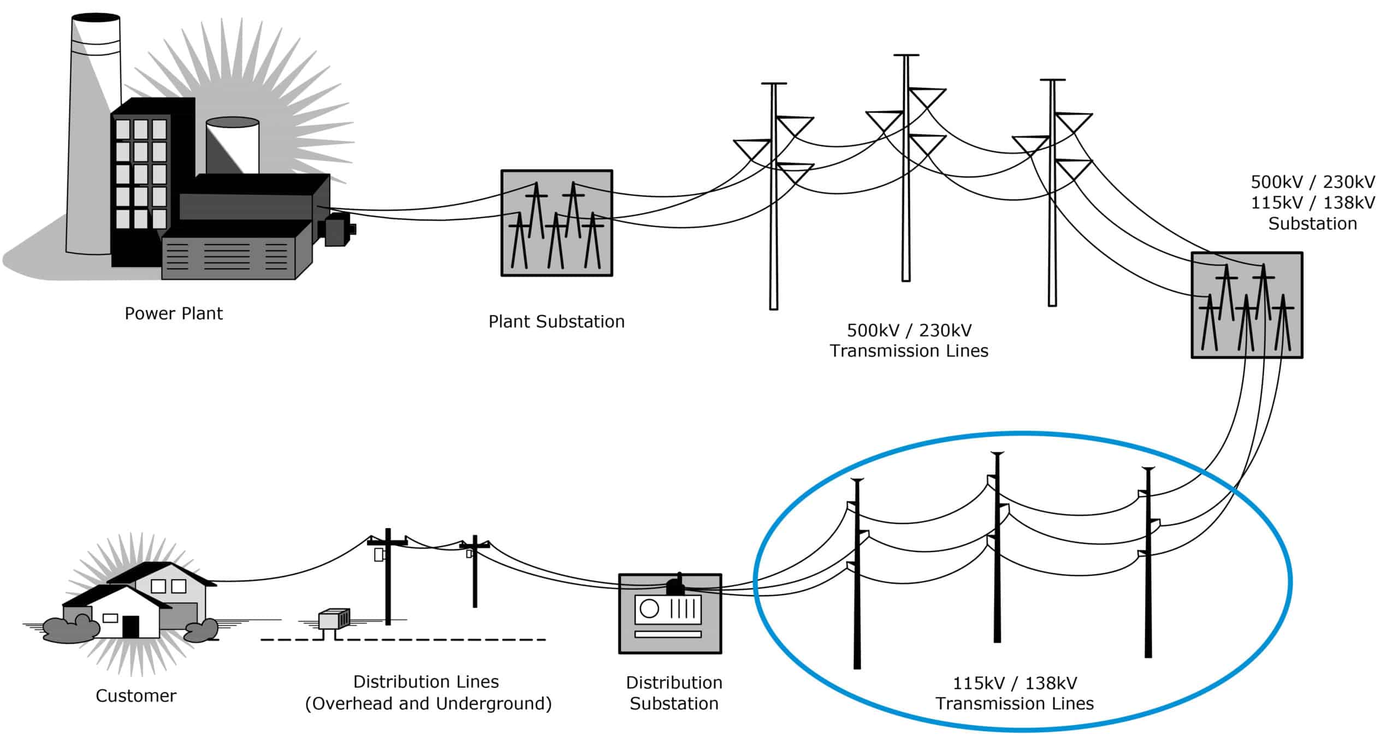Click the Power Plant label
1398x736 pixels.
click(174, 313)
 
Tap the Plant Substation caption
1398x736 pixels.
click(556, 322)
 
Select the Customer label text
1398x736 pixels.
click(136, 696)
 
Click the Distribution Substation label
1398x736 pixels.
click(674, 693)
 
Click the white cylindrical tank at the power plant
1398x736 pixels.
click(233, 145)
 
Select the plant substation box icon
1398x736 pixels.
click(556, 223)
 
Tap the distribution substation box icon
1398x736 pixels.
click(670, 614)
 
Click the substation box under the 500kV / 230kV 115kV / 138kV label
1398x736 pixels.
click(1247, 305)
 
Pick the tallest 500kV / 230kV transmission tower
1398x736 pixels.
click(906, 169)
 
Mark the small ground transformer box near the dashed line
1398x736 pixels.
click(334, 620)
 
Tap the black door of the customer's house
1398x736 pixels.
click(131, 626)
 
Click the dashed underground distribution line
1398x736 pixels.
click(404, 639)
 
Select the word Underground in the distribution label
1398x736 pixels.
click(494, 703)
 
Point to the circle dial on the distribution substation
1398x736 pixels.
click(649, 608)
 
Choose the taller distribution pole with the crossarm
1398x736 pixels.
click(388, 576)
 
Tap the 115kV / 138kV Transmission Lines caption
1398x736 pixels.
click(1015, 693)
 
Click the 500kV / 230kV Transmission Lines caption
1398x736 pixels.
click(909, 340)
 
